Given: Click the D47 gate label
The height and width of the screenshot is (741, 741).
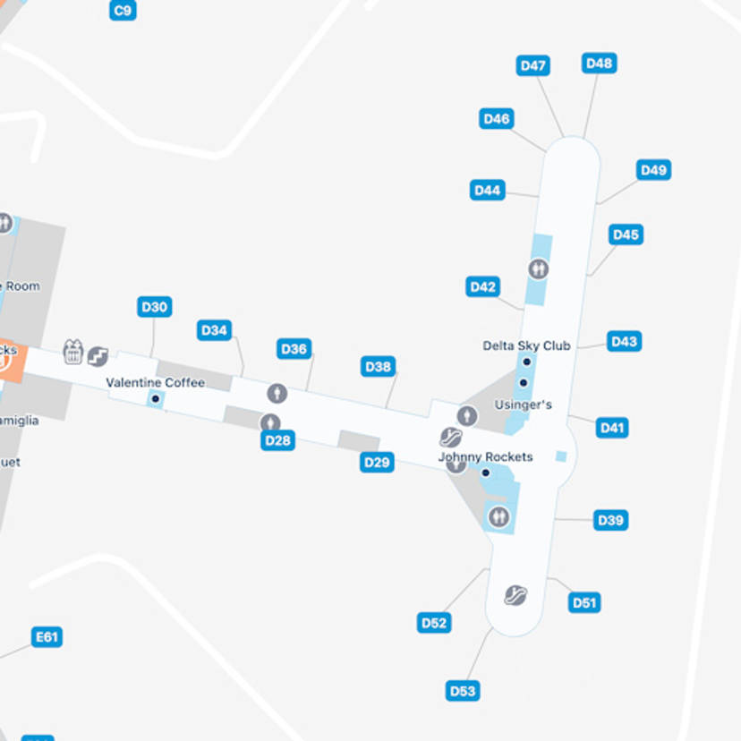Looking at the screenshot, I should pyautogui.click(x=533, y=65).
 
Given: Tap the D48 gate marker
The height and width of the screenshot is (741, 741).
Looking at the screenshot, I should pyautogui.click(x=599, y=63).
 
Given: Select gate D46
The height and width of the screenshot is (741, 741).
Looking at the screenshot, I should pyautogui.click(x=497, y=118).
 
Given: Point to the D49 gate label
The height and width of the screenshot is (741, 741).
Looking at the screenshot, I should pyautogui.click(x=654, y=170).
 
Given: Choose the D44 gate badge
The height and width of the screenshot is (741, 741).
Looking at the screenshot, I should pyautogui.click(x=488, y=190).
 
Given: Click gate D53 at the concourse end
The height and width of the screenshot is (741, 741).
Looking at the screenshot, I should pyautogui.click(x=463, y=690).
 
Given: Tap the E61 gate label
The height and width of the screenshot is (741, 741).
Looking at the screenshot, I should pyautogui.click(x=47, y=637).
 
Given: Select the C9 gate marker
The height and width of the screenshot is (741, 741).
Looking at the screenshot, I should pyautogui.click(x=123, y=11).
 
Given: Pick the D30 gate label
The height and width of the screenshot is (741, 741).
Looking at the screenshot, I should pyautogui.click(x=155, y=307).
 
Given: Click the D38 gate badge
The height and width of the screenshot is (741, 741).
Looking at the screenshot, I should pyautogui.click(x=379, y=366).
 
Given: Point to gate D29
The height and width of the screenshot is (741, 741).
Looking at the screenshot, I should pyautogui.click(x=378, y=462).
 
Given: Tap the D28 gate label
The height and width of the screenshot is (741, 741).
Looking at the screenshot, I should pyautogui.click(x=278, y=440).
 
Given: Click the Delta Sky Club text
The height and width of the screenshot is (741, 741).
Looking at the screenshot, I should pyautogui.click(x=526, y=345).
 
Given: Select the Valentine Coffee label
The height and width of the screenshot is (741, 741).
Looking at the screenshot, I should pyautogui.click(x=156, y=382).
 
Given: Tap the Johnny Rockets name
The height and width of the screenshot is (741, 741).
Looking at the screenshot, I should pyautogui.click(x=485, y=457).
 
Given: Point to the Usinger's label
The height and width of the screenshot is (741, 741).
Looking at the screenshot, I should pyautogui.click(x=524, y=405).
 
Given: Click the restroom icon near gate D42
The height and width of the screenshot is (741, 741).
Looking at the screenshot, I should pyautogui.click(x=538, y=268).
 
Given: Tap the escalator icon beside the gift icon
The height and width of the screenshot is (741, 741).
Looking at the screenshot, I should pyautogui.click(x=98, y=356).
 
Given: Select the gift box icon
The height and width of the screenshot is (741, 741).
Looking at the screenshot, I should pyautogui.click(x=73, y=352).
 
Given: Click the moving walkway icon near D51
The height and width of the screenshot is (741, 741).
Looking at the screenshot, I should pyautogui.click(x=515, y=595).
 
